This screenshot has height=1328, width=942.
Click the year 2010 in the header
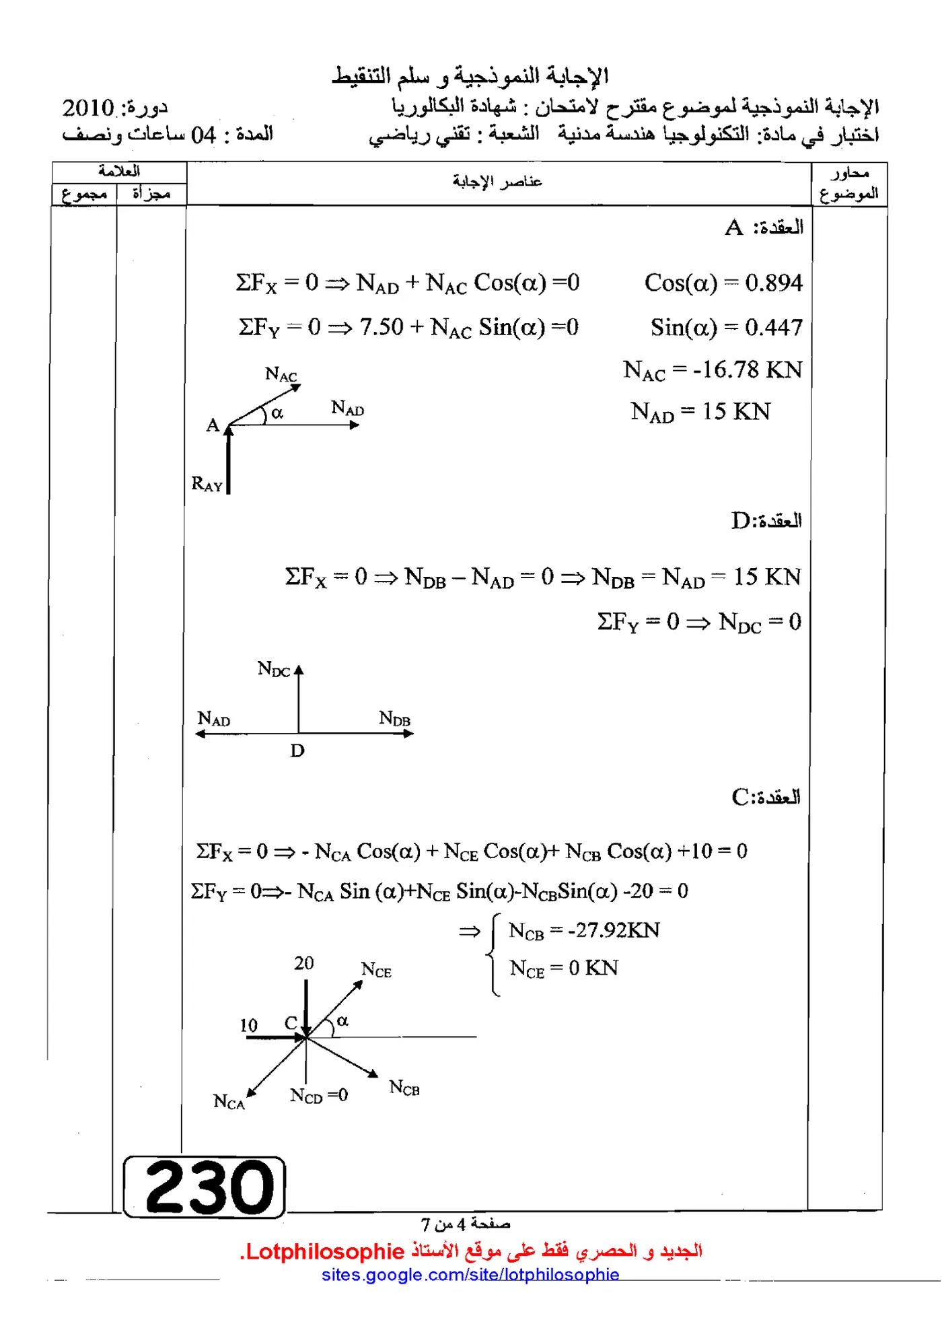click(88, 108)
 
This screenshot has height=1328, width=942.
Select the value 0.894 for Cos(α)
click(774, 283)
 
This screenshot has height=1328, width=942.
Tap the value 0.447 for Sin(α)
click(774, 327)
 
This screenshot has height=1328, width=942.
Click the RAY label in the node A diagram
click(207, 484)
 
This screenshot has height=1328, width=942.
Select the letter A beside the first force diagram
click(213, 425)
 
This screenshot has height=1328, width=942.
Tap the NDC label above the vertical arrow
click(273, 669)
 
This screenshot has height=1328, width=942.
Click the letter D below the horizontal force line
click(297, 750)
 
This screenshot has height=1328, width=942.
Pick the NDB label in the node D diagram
click(394, 718)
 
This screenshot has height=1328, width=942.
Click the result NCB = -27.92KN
click(584, 930)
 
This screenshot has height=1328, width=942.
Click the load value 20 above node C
click(304, 963)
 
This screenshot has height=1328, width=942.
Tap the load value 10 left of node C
click(249, 1025)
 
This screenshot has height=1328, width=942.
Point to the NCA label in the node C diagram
click(229, 1102)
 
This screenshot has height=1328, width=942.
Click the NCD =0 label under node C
click(319, 1096)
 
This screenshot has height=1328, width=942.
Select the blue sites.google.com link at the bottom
click(470, 1274)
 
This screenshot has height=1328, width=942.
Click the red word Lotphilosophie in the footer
click(324, 1251)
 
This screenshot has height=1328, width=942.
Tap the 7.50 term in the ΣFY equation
click(382, 327)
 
